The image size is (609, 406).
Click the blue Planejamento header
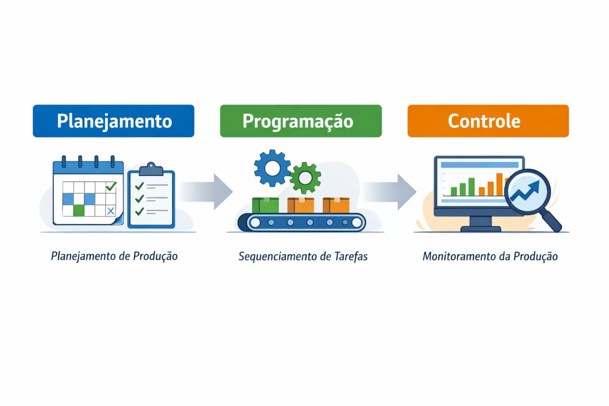tap(113, 121)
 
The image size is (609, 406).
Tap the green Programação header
tap(300, 121)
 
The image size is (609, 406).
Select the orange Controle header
tap(488, 121)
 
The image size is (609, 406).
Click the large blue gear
tap(272, 168)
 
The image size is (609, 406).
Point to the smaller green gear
tap(305, 178)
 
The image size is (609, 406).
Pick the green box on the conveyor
tap(265, 205)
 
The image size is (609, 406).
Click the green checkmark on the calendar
tap(111, 186)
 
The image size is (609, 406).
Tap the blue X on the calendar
tap(111, 210)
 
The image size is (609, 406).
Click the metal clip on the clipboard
tap(151, 169)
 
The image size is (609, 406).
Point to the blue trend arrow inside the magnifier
tap(526, 192)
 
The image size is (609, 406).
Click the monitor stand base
tap(480, 228)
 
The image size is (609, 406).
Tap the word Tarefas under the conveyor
tap(351, 256)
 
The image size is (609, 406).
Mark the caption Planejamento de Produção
tap(114, 256)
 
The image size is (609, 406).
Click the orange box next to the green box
tap(300, 205)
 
